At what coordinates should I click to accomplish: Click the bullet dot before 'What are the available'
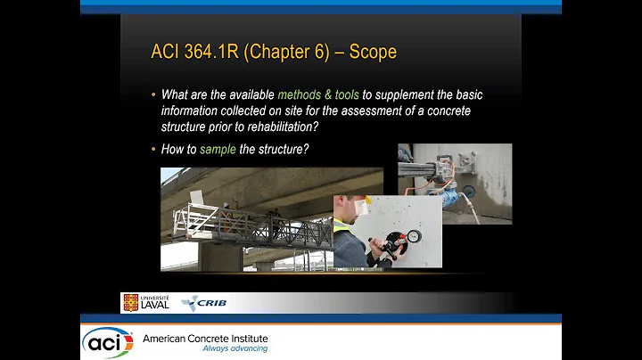tap(153, 95)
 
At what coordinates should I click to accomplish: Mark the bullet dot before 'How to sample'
tap(153, 149)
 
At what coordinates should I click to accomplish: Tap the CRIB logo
tap(203, 303)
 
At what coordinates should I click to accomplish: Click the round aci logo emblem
tap(108, 342)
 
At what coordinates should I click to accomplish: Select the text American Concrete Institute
tap(205, 339)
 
